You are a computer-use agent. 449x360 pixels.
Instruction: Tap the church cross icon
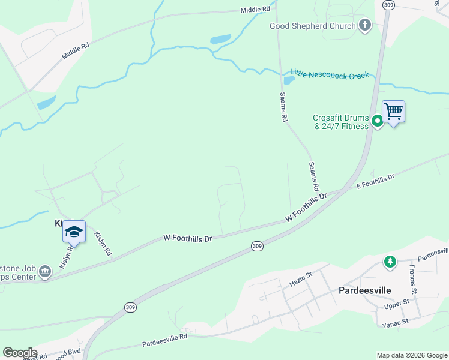click(364, 25)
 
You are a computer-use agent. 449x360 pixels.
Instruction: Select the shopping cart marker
click(393, 112)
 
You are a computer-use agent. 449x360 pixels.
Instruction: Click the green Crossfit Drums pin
click(377, 121)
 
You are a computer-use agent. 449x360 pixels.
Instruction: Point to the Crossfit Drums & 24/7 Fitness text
click(340, 122)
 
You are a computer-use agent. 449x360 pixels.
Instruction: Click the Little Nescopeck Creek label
click(329, 74)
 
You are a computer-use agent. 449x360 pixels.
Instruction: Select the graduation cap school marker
click(74, 232)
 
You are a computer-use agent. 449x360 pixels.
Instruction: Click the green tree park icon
click(390, 262)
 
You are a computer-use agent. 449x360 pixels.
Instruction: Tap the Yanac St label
click(395, 322)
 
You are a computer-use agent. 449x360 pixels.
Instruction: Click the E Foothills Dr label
click(375, 182)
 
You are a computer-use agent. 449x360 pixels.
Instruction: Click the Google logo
click(19, 353)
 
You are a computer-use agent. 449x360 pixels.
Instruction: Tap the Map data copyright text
click(411, 355)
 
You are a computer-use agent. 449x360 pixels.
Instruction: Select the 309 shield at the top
click(388, 5)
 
